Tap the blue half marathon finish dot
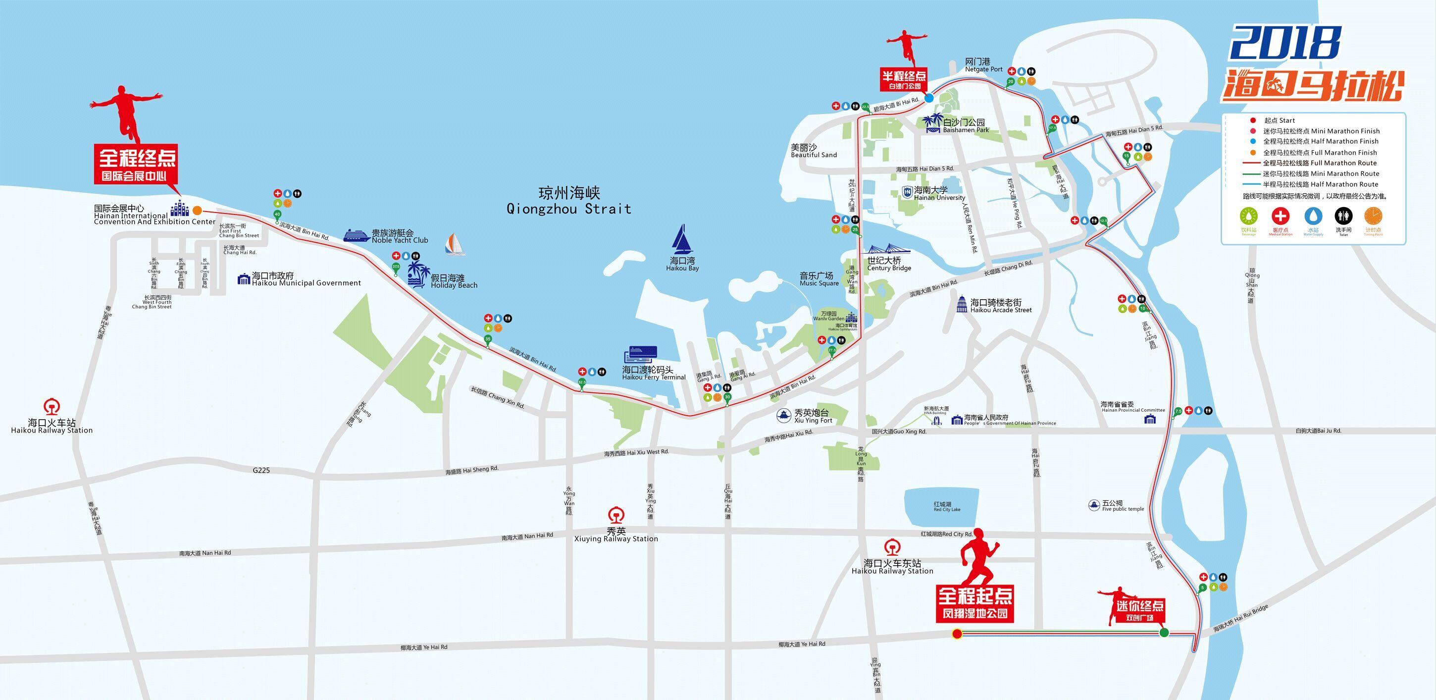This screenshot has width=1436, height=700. tap(929, 98)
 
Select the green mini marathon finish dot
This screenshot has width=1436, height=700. tap(1164, 633)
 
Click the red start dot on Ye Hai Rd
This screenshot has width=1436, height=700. tap(957, 634)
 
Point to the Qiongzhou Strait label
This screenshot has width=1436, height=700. tap(568, 201)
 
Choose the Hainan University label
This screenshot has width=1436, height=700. tap(939, 194)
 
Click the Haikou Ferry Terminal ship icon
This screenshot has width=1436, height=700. tap(641, 355)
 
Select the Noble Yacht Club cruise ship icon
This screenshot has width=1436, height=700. tap(356, 235)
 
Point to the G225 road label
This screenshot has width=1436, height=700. tap(261, 470)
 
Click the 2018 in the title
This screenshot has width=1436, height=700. tap(1285, 43)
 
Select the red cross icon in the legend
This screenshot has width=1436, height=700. tap(1281, 216)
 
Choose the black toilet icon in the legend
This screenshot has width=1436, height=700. tap(1343, 216)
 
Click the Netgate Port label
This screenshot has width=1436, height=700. tap(983, 65)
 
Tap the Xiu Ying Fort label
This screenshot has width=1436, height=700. tap(813, 416)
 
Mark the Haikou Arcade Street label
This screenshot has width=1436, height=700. tap(1001, 306)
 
